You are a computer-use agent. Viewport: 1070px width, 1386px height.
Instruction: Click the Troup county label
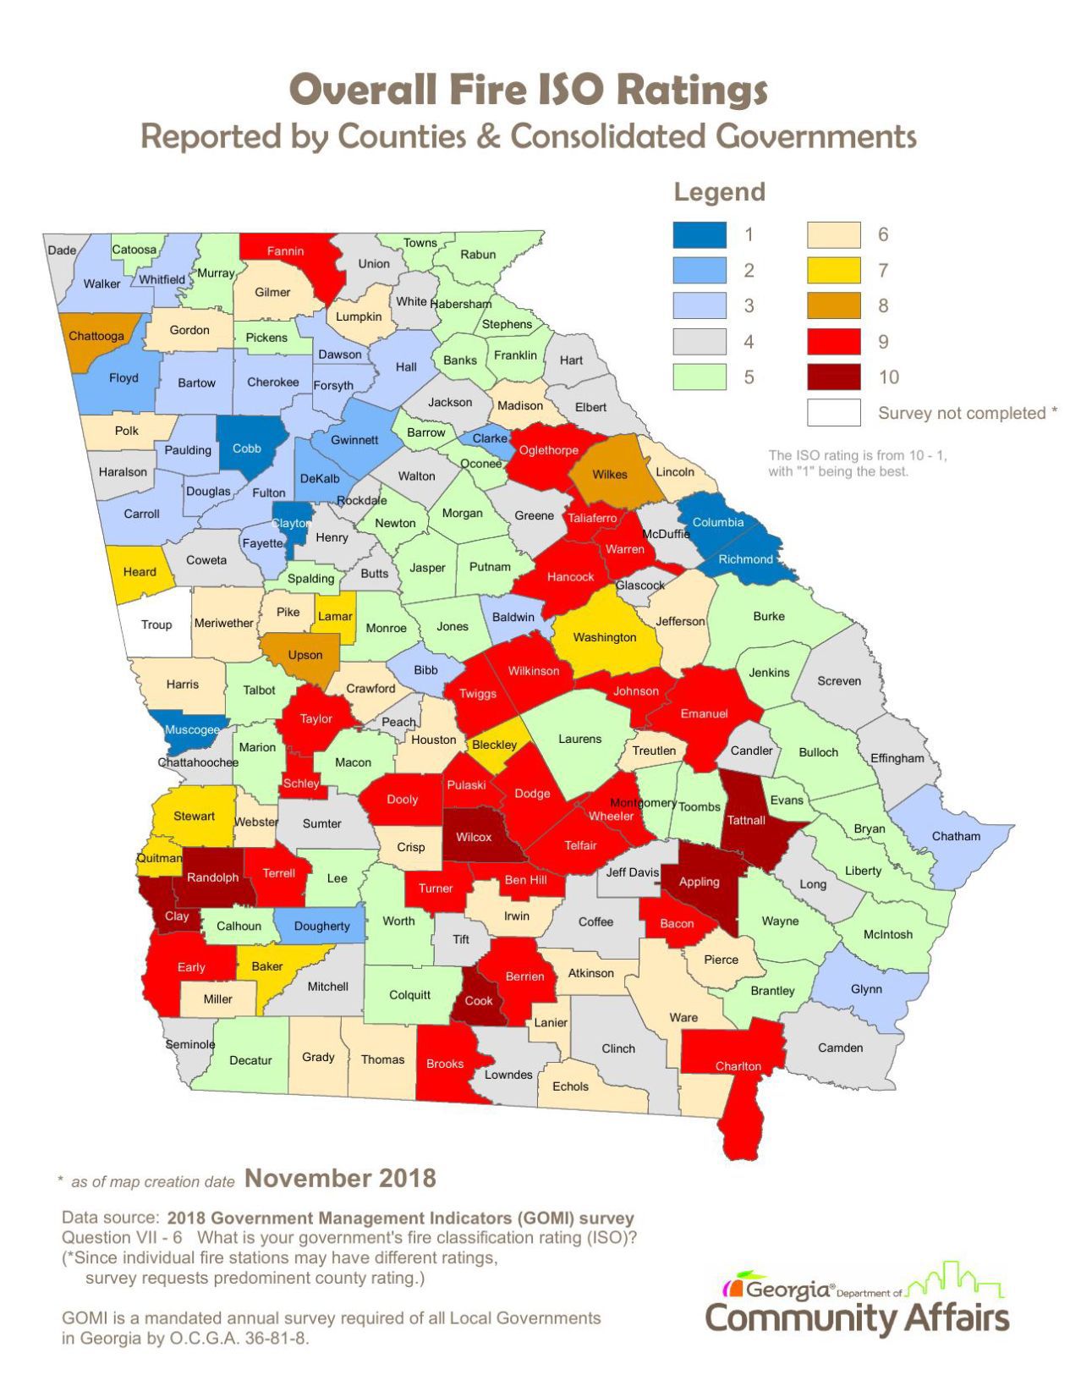tap(156, 624)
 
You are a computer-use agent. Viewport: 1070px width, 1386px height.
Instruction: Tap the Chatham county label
tap(956, 836)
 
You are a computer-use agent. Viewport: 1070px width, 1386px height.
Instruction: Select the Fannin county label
tap(285, 251)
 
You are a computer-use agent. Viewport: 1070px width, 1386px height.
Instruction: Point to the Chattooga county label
tap(96, 336)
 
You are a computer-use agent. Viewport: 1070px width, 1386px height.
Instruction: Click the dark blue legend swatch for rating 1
tap(700, 234)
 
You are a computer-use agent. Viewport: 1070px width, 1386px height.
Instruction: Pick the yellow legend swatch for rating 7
tap(833, 270)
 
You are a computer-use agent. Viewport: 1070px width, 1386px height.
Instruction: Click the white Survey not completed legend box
tap(833, 413)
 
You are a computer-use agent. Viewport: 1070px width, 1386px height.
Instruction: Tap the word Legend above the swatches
tap(719, 193)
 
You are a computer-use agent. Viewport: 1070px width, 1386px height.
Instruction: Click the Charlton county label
tap(738, 1066)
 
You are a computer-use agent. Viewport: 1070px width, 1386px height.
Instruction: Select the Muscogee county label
tap(192, 729)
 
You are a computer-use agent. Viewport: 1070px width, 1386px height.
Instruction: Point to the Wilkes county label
tap(609, 474)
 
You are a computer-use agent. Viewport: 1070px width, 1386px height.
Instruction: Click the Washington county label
tap(605, 637)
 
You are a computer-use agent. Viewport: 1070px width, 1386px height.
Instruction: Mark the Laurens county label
tap(579, 739)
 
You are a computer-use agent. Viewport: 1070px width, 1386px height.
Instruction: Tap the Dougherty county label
tap(321, 926)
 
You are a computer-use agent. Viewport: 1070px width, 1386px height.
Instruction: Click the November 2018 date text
tap(340, 1178)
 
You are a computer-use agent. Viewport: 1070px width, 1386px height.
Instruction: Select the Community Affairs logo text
tap(856, 1317)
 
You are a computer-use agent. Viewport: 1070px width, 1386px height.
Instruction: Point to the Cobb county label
tap(247, 448)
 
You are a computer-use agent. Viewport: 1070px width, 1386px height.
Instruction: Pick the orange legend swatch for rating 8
tap(833, 306)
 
